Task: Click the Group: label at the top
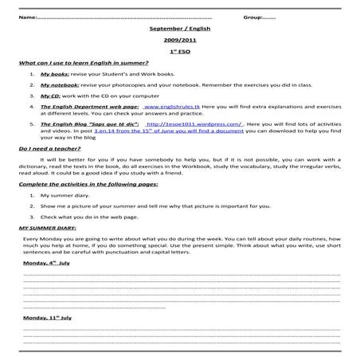[x=254, y=17]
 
